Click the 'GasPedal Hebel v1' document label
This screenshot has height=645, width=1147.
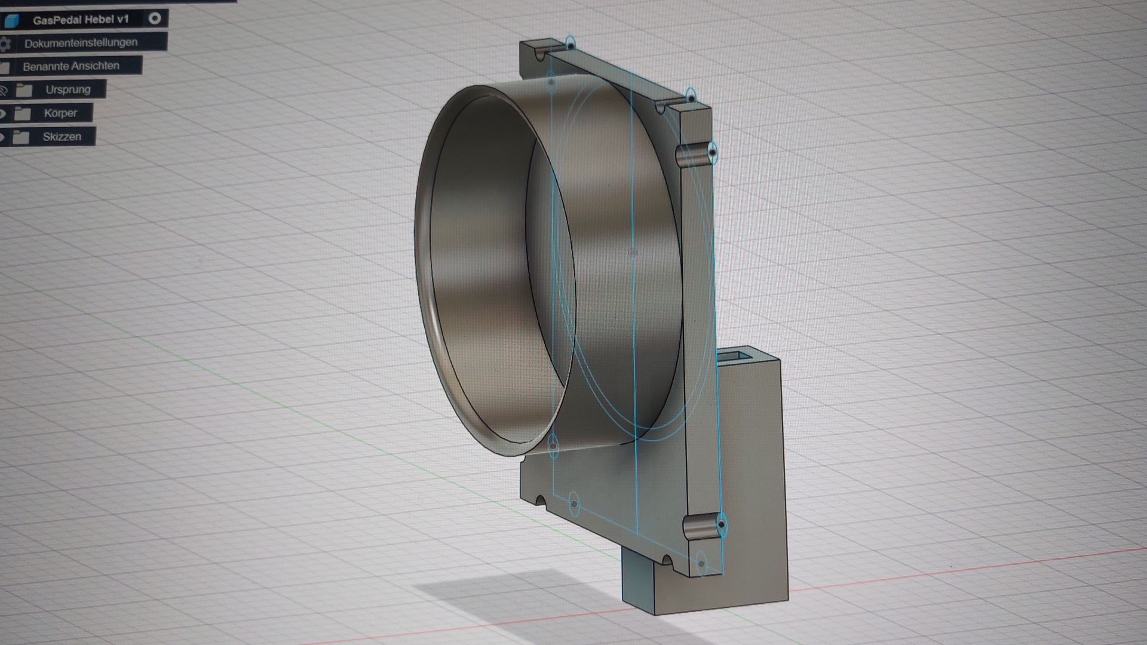(81, 20)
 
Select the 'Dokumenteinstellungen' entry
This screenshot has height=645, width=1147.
(81, 43)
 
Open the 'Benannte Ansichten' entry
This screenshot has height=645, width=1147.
(71, 66)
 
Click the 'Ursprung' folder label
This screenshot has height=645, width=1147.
(68, 90)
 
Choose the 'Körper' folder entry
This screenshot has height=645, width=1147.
(60, 113)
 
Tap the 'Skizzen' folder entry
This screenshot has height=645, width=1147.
(62, 137)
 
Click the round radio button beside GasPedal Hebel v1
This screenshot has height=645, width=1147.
(155, 19)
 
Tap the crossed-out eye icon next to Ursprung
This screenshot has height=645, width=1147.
(3, 91)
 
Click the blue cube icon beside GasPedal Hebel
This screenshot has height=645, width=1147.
(11, 21)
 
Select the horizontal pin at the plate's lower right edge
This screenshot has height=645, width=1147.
(701, 526)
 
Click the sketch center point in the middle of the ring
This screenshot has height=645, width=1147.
(633, 253)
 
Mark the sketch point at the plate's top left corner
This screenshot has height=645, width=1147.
(571, 45)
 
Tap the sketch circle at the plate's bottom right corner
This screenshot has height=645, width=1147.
(701, 563)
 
